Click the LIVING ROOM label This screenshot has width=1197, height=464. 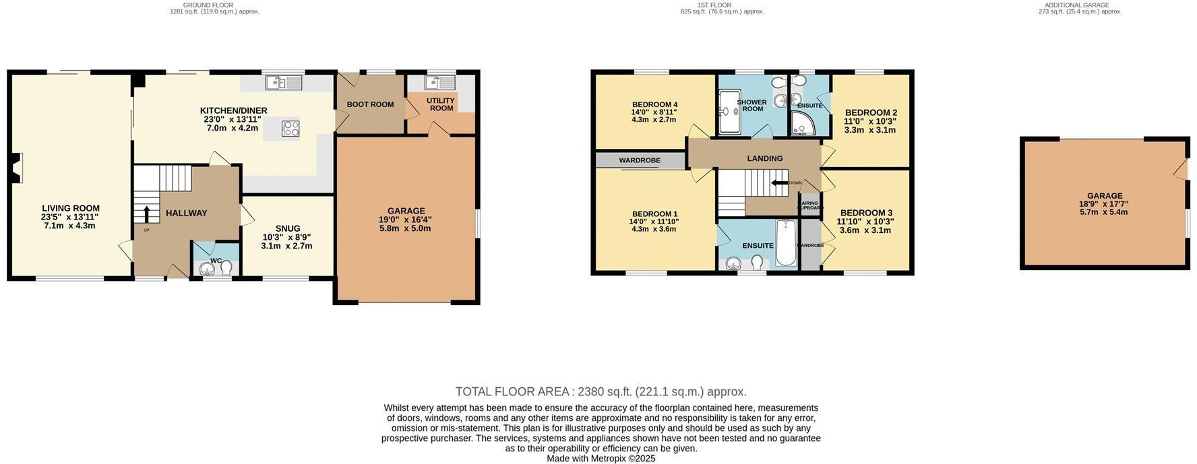[71, 208]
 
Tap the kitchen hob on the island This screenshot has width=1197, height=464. [291, 128]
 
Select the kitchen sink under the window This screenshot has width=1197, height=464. [284, 83]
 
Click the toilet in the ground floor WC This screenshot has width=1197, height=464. [226, 268]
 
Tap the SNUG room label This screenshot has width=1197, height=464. [287, 228]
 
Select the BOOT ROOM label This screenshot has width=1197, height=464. [370, 104]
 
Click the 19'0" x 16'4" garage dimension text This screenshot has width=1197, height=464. [405, 220]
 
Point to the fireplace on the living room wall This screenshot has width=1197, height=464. [16, 168]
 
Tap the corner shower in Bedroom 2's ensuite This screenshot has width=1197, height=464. [801, 123]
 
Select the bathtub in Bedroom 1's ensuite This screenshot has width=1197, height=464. [786, 242]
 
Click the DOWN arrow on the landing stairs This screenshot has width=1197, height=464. [780, 183]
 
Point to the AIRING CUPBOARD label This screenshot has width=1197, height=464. [810, 205]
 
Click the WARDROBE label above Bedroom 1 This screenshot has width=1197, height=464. [640, 160]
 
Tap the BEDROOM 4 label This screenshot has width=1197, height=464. [654, 104]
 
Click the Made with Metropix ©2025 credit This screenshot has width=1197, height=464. [601, 459]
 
